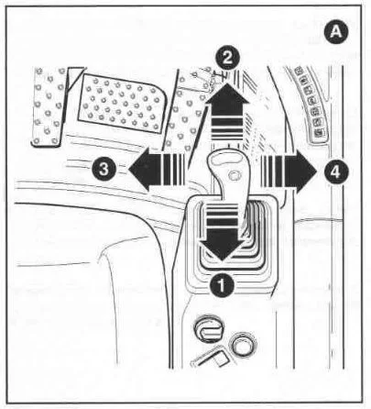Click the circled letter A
[336, 31]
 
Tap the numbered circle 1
[222, 284]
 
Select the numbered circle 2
[227, 59]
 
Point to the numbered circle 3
[104, 169]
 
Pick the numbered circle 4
[335, 171]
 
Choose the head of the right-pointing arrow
[300, 171]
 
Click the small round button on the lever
[235, 175]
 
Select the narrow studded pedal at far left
[49, 107]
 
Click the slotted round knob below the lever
[209, 329]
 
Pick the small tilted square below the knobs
[220, 358]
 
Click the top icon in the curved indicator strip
[299, 71]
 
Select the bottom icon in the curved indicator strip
[319, 133]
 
